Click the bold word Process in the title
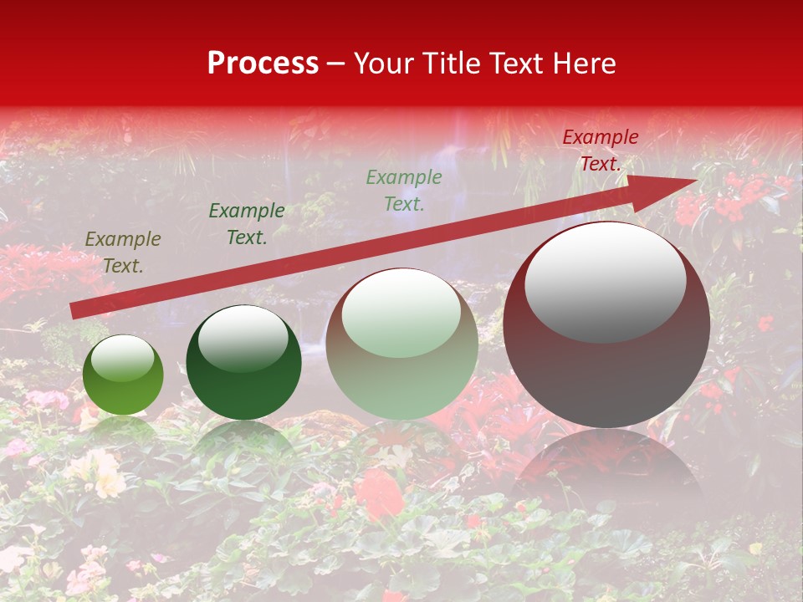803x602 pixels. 263,64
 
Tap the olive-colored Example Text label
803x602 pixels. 123,253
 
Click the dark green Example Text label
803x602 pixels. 247,224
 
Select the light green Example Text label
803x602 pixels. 404,190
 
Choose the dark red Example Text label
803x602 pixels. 600,150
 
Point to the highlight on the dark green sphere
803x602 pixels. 243,338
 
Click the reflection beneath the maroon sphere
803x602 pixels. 606,468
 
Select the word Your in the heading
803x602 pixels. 383,64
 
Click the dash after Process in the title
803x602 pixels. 335,64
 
